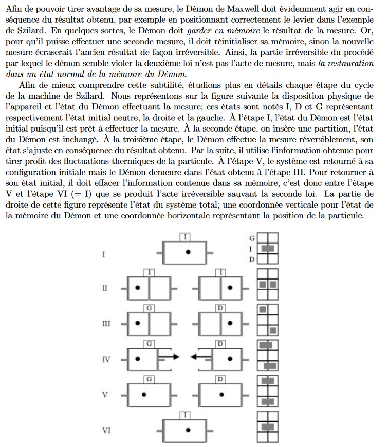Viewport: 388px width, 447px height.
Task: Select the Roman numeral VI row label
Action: [106, 430]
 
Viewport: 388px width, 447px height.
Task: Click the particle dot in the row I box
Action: [189, 251]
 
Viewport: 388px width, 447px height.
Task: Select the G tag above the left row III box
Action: [149, 307]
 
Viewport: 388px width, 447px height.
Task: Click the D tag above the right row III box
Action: [220, 307]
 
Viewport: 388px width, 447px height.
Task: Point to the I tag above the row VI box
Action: [186, 414]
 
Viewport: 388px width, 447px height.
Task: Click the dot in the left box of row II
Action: [137, 287]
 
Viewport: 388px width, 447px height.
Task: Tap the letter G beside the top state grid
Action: [252, 238]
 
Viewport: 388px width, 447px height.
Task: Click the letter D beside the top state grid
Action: [252, 259]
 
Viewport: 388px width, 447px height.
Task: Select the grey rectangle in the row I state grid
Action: [267, 249]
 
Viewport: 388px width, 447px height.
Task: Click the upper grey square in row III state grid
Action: [263, 309]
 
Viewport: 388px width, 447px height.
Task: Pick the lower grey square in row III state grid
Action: [272, 330]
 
